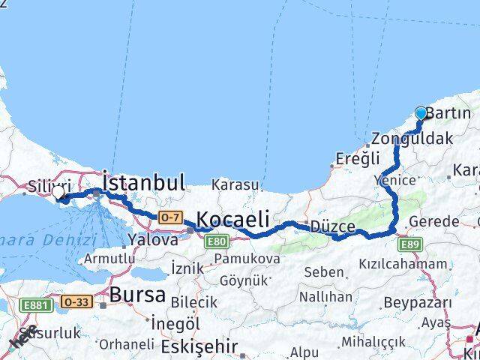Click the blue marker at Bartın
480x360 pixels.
(421, 113)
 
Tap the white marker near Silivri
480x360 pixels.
(58, 193)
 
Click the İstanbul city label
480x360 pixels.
(143, 182)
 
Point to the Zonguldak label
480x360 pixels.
(412, 139)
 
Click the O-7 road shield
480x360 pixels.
(169, 217)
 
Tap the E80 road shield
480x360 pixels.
(217, 241)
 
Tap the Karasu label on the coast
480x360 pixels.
(235, 184)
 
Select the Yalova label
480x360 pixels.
(153, 240)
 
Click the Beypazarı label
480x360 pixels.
(417, 302)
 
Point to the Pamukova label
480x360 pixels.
(247, 259)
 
